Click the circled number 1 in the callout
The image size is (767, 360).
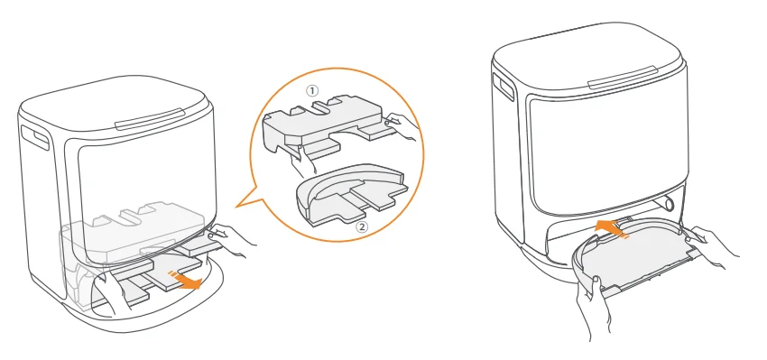(311, 90)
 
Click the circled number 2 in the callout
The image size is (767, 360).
(363, 226)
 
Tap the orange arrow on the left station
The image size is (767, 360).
(186, 280)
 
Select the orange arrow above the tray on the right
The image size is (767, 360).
(610, 228)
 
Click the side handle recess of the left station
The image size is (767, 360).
(34, 138)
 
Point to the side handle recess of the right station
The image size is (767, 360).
(504, 87)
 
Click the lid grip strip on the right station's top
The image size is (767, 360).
(623, 78)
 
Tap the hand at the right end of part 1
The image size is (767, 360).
(402, 126)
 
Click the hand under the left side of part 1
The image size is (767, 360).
(302, 160)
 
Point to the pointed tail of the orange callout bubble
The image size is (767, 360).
(236, 208)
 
